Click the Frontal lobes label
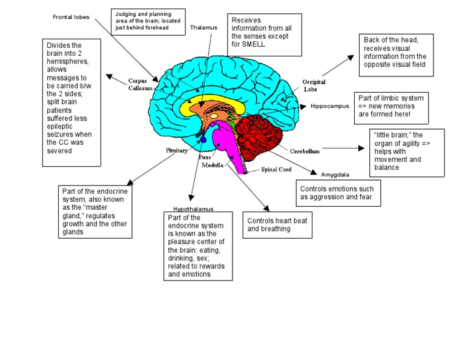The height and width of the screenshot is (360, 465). click(x=71, y=17)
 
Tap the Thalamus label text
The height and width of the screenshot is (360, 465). click(x=203, y=27)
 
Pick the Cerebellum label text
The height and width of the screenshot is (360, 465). click(x=305, y=151)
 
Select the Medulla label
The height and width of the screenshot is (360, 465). click(x=214, y=165)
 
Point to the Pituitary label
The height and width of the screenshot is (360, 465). click(x=177, y=150)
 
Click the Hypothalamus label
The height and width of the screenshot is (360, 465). click(x=193, y=208)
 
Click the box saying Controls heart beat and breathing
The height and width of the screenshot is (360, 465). click(x=277, y=224)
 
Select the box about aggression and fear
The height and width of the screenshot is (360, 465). click(x=338, y=193)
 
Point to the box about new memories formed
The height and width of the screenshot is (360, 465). click(x=392, y=105)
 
